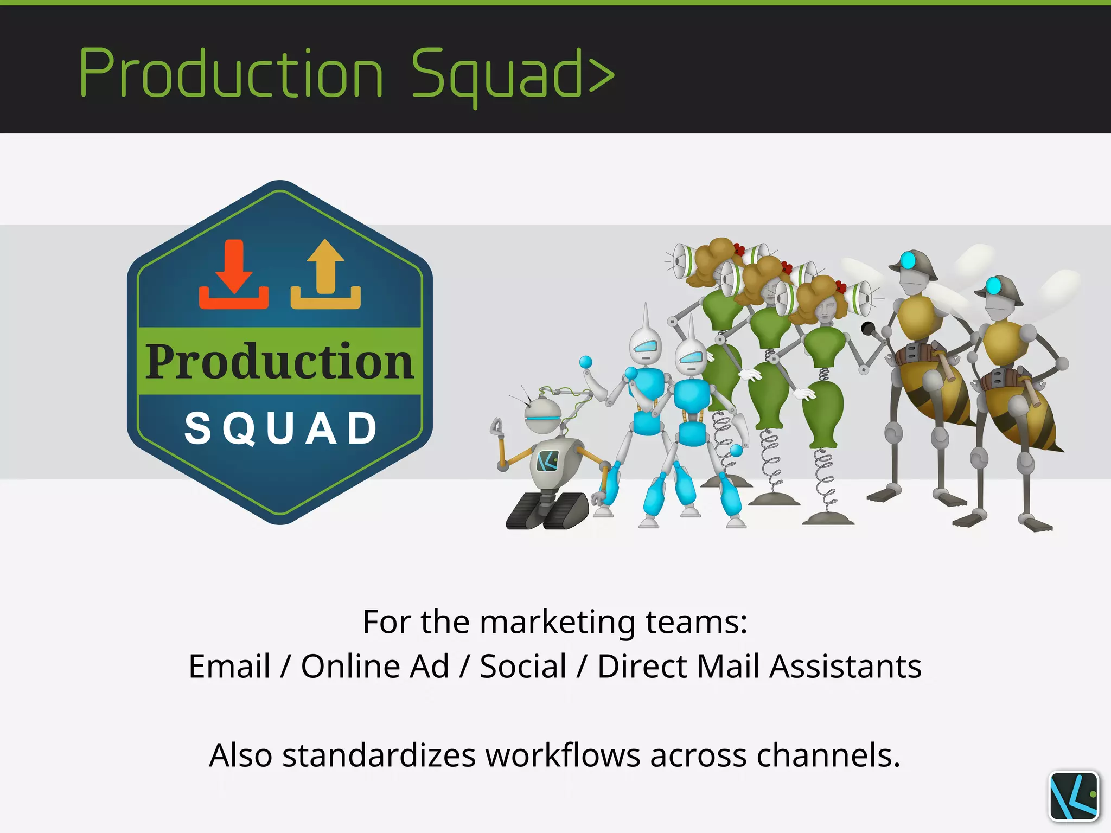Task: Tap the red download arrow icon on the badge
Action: tap(234, 274)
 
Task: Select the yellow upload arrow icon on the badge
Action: tap(325, 274)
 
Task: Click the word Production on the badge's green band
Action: tap(279, 361)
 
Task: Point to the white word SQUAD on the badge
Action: tap(280, 428)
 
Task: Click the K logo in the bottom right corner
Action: tap(1074, 796)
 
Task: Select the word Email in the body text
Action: tap(229, 666)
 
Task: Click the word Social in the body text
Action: tap(523, 666)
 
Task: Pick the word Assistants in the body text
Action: tap(846, 666)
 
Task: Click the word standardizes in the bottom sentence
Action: tap(379, 755)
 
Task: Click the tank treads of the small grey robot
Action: tap(547, 511)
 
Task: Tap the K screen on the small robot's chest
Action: tap(548, 461)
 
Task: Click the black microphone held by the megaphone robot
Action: tap(868, 328)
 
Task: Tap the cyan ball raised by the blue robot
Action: tap(585, 362)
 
